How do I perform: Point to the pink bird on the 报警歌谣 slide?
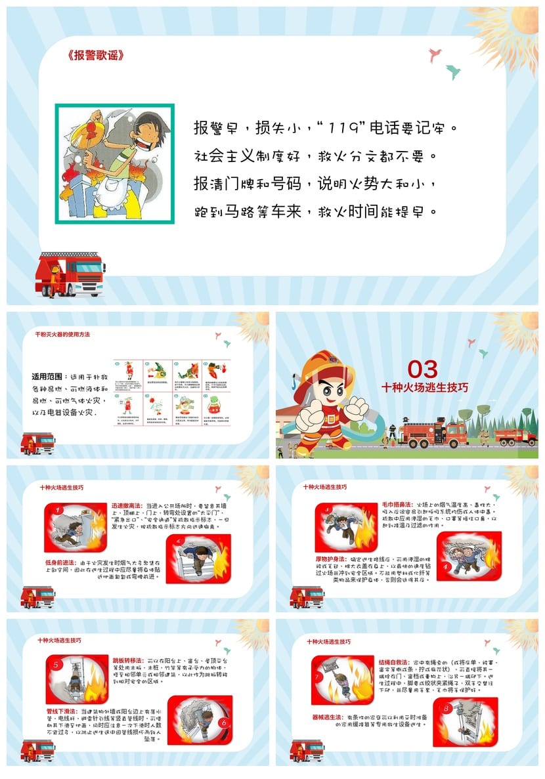(434, 55)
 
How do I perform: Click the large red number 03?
(422, 369)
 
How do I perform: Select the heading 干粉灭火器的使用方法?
(63, 335)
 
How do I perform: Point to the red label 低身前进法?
(60, 562)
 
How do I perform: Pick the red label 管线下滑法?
(62, 711)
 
